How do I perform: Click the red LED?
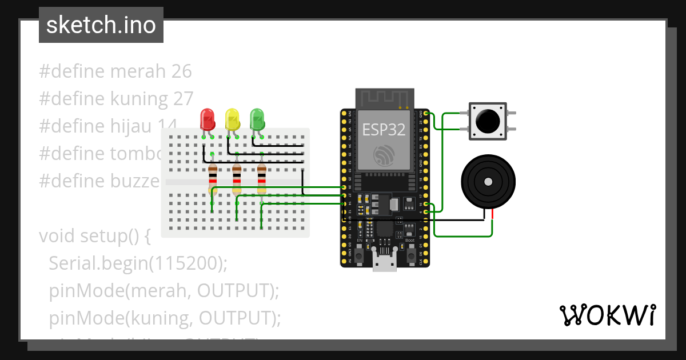pos(207,119)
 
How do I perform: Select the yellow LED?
pos(232,119)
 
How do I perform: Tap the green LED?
pos(258,119)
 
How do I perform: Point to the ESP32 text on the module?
pos(384,130)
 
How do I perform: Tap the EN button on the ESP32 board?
pos(359,257)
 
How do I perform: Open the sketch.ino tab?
pos(101,25)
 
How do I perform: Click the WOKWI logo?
pos(607,315)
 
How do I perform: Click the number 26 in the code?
pos(181,71)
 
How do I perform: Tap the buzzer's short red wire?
pos(492,214)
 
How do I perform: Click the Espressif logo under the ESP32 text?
pos(384,155)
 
